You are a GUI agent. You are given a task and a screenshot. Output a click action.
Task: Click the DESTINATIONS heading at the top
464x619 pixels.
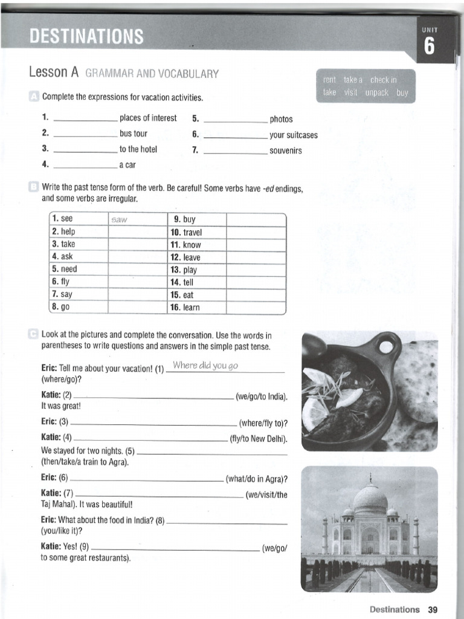87,37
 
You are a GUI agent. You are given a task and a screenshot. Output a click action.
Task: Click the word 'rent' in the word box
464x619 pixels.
329,80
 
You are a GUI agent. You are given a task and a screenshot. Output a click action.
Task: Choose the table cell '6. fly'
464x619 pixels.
63,282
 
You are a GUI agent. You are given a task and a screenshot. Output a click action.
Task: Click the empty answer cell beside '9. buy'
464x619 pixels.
255,219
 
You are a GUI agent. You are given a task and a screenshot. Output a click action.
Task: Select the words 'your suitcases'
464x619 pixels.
293,135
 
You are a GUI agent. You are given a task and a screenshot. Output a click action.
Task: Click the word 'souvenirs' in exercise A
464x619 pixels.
285,151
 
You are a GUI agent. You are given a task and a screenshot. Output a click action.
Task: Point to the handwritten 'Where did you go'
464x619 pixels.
205,365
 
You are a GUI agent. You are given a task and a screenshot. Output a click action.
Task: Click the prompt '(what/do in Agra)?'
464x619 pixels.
256,479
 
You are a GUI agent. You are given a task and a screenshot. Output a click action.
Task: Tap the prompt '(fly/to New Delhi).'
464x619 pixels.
259,438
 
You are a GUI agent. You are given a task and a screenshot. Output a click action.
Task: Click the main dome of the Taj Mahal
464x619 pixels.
370,499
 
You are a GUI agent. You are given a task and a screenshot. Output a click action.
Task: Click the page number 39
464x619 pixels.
432,609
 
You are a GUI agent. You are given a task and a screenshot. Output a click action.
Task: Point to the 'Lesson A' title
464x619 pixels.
54,73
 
